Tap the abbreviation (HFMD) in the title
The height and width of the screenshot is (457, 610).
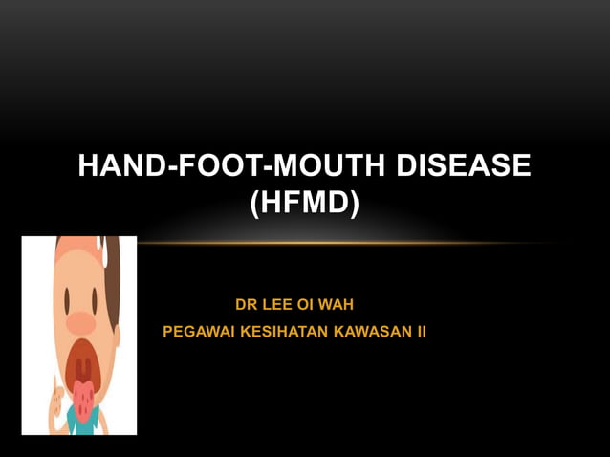pos(304,204)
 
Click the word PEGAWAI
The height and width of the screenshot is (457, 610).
pos(194,332)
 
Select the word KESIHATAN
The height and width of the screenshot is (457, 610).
pos(277,332)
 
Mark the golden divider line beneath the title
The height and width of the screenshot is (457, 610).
pos(344,243)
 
